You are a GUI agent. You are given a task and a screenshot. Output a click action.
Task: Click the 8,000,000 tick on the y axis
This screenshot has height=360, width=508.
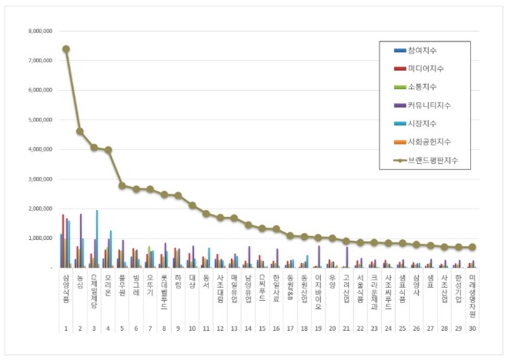40,31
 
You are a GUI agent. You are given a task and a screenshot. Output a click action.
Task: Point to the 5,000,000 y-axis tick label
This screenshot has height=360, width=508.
40,120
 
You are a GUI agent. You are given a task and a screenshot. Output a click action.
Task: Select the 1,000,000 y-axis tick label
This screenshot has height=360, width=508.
40,238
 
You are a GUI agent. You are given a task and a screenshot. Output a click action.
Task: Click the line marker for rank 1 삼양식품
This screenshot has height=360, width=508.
66,48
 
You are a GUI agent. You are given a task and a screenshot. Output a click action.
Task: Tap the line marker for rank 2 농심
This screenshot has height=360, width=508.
80,132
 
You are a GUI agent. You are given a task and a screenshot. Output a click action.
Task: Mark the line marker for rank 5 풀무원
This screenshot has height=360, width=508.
122,185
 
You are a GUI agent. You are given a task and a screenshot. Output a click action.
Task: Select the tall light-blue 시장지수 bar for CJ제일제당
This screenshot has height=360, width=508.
97,238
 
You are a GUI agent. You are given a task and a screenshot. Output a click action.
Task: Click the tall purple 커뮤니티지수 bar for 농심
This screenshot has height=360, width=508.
81,241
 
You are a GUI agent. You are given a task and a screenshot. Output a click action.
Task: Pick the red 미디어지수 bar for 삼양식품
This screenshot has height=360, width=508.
64,241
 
